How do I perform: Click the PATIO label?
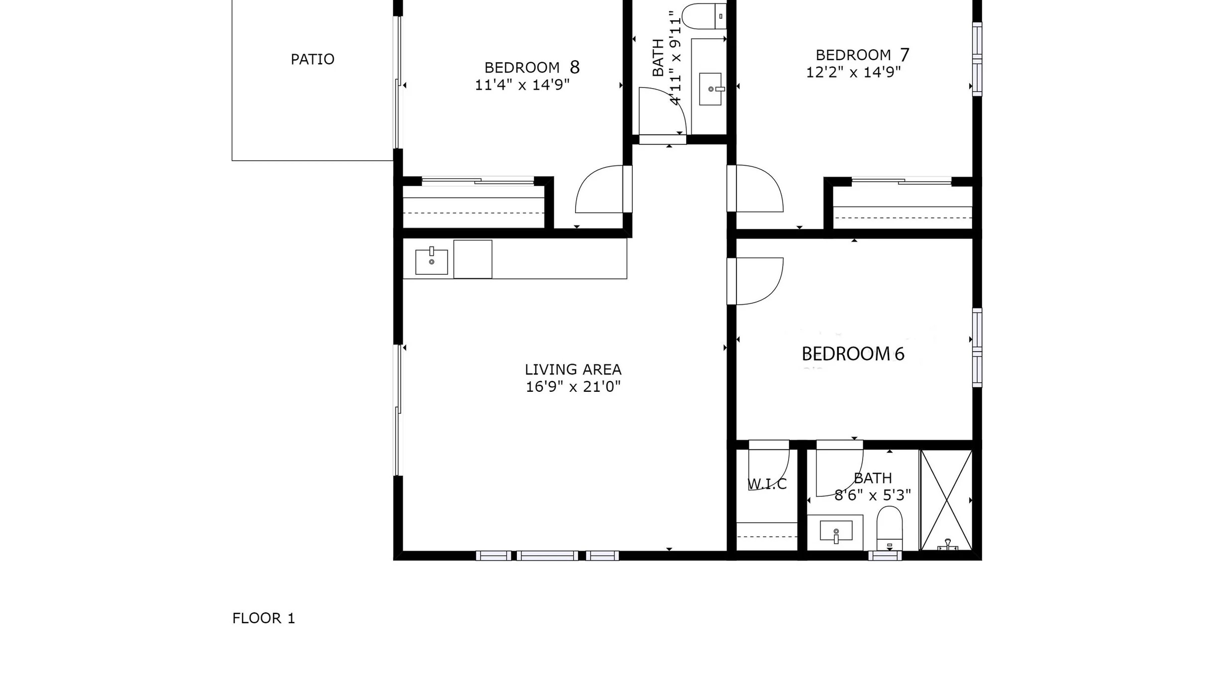312,59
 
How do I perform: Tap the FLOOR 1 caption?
264,618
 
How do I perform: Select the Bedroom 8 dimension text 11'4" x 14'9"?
522,85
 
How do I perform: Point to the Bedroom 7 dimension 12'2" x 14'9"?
853,73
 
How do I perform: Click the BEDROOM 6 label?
853,354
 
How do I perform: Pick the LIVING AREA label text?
573,370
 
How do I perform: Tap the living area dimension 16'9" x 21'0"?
573,387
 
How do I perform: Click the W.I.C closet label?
767,484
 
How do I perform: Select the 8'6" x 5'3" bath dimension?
873,495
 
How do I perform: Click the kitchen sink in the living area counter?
431,261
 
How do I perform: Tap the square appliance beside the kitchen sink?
473,259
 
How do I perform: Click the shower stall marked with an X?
946,500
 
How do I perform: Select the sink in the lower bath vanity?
836,531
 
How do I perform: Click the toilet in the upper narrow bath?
704,16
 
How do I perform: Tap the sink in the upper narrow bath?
711,89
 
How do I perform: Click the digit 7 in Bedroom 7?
905,55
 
